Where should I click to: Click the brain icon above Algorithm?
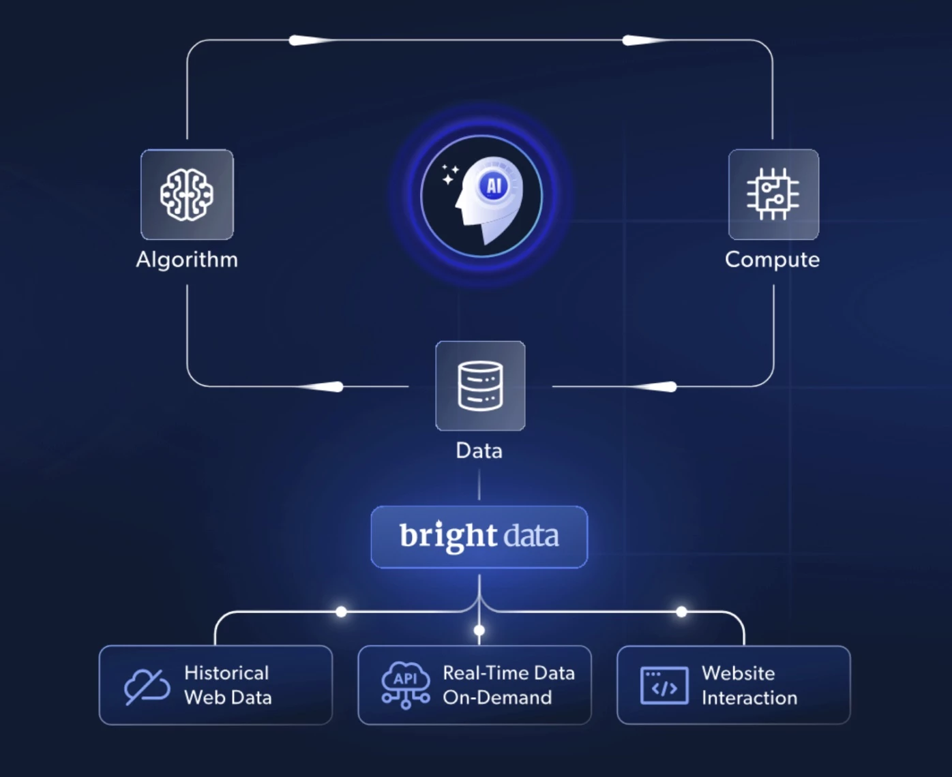click(186, 194)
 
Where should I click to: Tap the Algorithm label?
click(187, 260)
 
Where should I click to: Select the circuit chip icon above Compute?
click(773, 194)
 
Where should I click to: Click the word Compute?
click(773, 260)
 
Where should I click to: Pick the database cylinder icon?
click(480, 386)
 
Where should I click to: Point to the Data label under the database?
click(479, 451)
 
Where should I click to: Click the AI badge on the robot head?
click(494, 186)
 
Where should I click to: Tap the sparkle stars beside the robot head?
click(450, 174)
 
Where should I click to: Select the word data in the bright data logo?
click(531, 536)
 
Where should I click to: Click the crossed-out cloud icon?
click(147, 686)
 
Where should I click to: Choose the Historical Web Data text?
click(228, 686)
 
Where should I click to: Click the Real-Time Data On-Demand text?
click(509, 686)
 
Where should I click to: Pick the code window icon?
click(664, 686)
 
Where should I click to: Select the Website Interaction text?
click(749, 686)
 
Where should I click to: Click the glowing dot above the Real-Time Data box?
click(479, 630)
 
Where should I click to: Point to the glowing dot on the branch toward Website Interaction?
click(682, 612)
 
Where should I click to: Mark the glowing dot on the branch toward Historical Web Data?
click(341, 612)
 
